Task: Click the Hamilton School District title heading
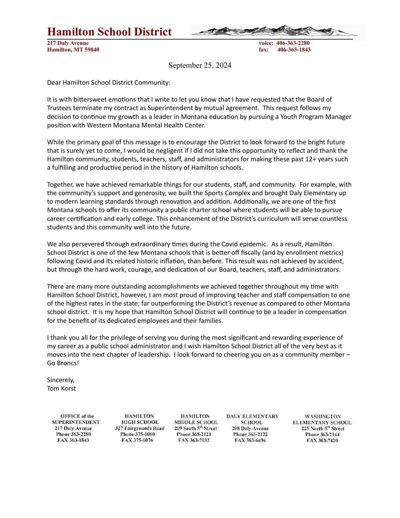[109, 32]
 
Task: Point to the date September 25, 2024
[200, 65]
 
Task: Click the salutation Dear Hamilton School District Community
[108, 82]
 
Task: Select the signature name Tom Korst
[61, 388]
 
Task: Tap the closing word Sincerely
[61, 380]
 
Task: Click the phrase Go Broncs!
[63, 363]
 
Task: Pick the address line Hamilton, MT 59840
[73, 50]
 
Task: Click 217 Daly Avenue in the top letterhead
[68, 43]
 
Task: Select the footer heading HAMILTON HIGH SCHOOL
[139, 419]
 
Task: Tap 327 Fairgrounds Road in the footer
[140, 428]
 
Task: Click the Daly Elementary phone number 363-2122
[250, 434]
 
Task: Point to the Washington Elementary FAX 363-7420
[322, 440]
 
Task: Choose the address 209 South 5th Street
[195, 428]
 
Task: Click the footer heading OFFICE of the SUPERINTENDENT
[76, 419]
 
